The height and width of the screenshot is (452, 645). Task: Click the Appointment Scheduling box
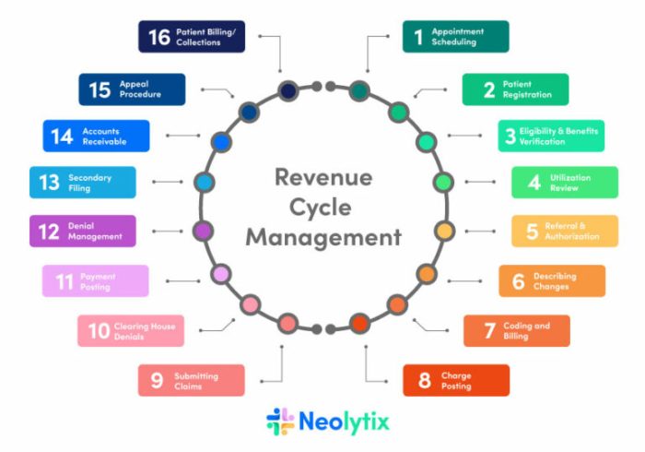coord(455,37)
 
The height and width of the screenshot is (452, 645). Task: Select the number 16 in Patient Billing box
coord(158,37)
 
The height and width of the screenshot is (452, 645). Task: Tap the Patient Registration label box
coord(515,89)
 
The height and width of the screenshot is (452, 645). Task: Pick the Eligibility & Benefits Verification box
coord(551,137)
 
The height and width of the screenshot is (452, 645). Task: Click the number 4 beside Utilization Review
coord(534,182)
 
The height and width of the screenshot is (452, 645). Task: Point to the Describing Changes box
coord(552,281)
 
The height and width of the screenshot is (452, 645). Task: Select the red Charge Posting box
coord(455,380)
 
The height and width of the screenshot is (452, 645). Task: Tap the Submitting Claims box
coord(191,380)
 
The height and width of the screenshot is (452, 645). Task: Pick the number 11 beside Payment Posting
coord(64,281)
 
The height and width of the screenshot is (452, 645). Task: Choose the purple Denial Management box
coord(82,231)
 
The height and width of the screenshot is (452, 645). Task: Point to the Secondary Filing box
coord(82,182)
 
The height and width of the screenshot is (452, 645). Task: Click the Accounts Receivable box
coord(96,137)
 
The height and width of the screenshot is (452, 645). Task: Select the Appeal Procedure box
coord(131,89)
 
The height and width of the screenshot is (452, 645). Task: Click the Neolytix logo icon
coord(280,422)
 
